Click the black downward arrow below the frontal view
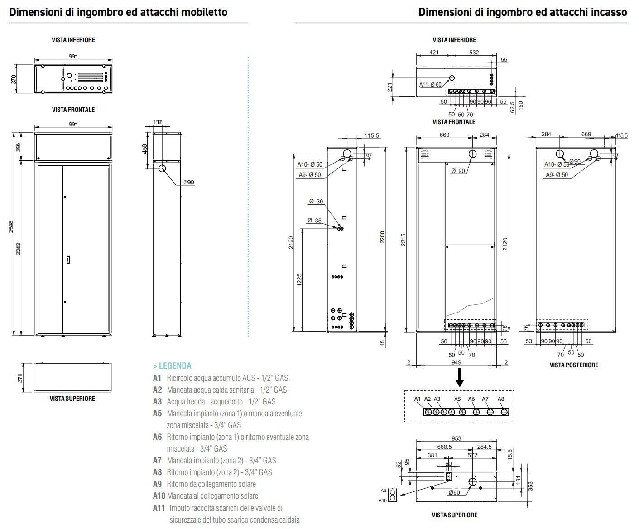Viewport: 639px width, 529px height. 459,377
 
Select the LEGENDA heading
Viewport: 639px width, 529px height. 172,366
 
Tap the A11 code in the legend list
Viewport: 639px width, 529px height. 159,508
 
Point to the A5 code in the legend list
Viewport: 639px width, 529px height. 157,414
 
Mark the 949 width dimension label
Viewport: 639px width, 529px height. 456,362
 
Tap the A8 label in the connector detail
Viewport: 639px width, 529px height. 501,399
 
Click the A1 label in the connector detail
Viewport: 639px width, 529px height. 418,399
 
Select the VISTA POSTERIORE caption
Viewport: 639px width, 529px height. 574,365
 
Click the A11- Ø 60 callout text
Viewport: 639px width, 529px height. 430,85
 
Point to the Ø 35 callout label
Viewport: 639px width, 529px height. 314,221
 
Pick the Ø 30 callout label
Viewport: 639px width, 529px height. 316,202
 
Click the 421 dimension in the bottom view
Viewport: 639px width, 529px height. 434,53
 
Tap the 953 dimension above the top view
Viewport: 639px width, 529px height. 456,438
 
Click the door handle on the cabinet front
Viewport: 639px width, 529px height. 68,260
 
